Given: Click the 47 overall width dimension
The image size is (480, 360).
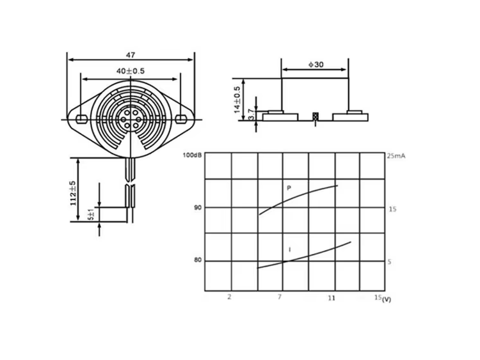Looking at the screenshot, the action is click(x=131, y=55).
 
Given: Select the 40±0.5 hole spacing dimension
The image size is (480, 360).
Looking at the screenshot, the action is click(x=131, y=71).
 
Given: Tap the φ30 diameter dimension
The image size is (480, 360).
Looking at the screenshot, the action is click(x=316, y=65).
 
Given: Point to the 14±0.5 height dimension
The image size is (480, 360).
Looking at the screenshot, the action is click(x=237, y=100).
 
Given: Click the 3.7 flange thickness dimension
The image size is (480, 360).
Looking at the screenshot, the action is click(x=252, y=114).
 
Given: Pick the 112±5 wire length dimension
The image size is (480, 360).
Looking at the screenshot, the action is click(x=73, y=193).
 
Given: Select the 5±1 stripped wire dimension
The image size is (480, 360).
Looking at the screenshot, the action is click(x=92, y=214).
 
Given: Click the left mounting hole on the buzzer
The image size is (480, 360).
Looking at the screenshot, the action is click(x=81, y=119).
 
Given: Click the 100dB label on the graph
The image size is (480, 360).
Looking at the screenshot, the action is click(x=192, y=155).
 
